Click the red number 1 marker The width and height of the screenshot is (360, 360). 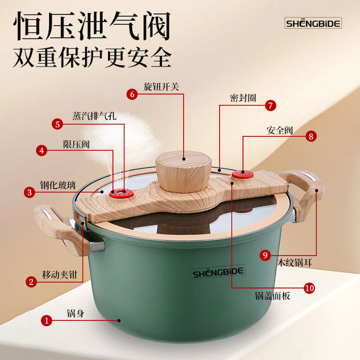pos(46,320)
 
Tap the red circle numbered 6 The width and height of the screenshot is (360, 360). pos(132,94)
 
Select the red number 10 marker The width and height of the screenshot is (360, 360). pos(309,288)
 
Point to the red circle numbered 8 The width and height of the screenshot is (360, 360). pos(311,136)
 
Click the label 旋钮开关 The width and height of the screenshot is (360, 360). pos(161,87)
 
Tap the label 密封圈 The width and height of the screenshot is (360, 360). pos(243,98)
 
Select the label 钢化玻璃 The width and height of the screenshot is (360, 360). pos(58,185)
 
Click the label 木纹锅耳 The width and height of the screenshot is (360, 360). pos(295,262)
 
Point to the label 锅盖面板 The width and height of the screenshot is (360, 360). pos(272,296)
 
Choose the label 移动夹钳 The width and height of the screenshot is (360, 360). pos(59,274)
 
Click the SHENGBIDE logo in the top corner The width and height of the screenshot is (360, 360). pos(313,23)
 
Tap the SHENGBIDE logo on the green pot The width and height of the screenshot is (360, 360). pos(218,272)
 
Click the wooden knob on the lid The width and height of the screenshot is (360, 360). pos(183,171)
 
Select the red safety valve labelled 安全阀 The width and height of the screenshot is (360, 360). pos(242,174)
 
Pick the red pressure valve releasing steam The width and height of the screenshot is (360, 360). pos(121,193)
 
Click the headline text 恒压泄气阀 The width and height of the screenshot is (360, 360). pos(92,26)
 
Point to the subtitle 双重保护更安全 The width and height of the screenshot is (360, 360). pos(92,57)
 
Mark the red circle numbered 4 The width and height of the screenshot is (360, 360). pos(41,150)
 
